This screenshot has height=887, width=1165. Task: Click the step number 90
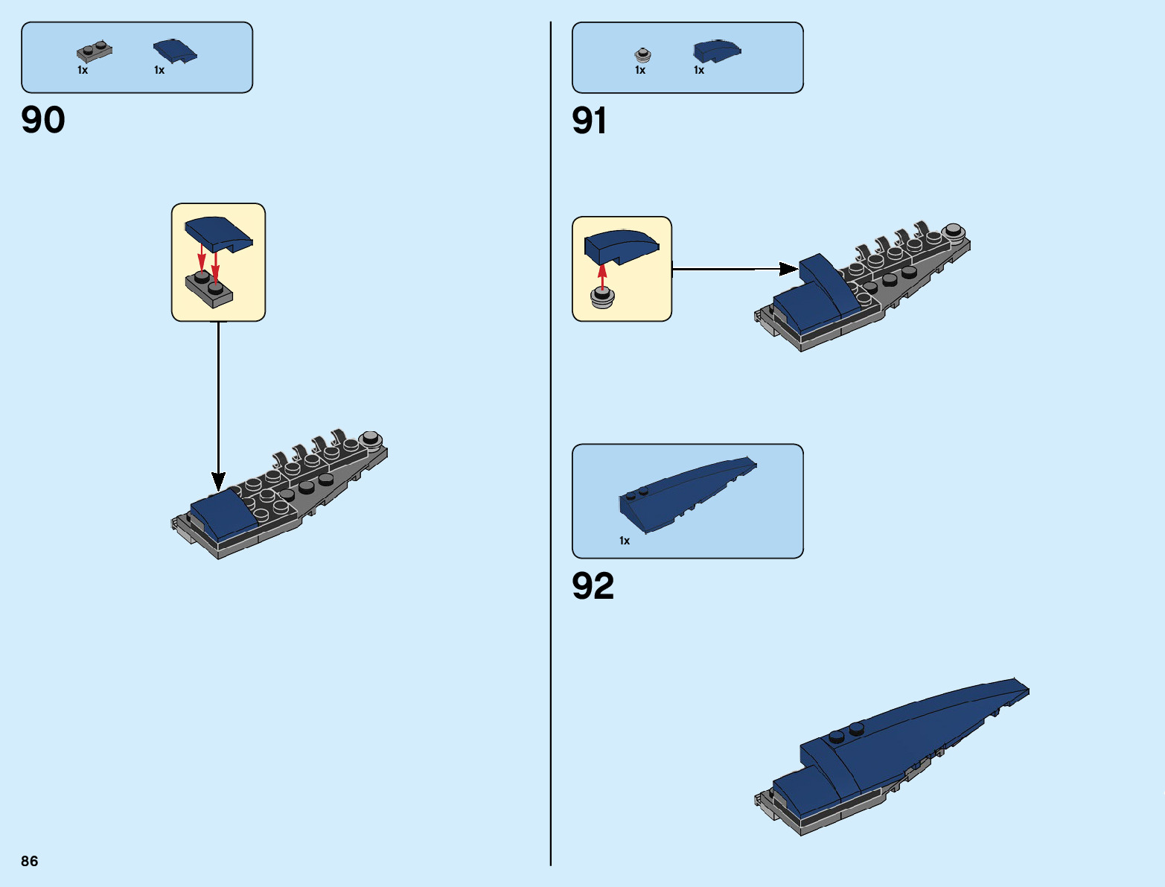(x=43, y=120)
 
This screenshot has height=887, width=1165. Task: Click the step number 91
(x=589, y=121)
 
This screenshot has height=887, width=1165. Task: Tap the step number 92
(x=593, y=585)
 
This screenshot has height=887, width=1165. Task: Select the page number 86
(x=30, y=861)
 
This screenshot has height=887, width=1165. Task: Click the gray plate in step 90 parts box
(x=95, y=51)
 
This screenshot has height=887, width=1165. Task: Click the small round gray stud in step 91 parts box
(x=643, y=54)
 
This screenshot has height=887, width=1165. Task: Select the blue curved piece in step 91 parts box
(x=716, y=51)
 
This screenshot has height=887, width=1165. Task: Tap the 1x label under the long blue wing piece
(x=625, y=541)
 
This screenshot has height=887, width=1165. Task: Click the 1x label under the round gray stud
(x=640, y=70)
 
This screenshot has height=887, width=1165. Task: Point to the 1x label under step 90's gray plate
(x=83, y=70)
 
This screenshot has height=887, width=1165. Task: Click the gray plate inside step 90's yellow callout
(x=209, y=289)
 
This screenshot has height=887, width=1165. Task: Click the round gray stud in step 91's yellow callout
(x=602, y=298)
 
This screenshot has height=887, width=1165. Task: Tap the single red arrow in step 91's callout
(x=602, y=273)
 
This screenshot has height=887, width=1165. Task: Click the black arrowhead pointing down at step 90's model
(x=218, y=480)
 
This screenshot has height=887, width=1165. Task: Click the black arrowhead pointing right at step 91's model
(x=788, y=269)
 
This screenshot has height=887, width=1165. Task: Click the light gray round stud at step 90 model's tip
(x=370, y=438)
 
